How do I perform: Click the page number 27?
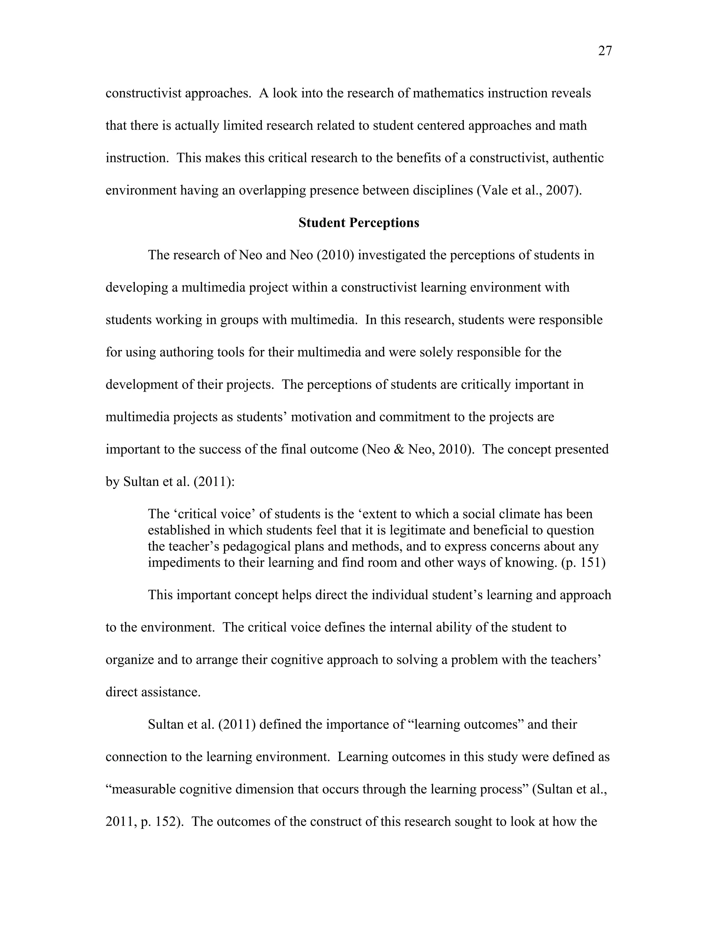605,51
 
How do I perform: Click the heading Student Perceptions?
359,223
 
